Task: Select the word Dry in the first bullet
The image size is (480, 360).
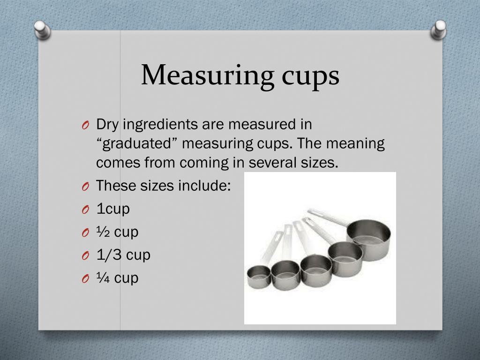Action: [106, 125]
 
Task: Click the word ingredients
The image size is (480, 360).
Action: [161, 125]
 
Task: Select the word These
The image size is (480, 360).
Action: [116, 186]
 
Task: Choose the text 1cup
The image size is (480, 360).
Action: [113, 209]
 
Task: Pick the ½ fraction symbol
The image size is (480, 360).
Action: [103, 232]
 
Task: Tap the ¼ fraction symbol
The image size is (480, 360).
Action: [103, 278]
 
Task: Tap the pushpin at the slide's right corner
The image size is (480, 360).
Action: [439, 29]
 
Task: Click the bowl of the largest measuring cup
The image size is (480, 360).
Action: [370, 239]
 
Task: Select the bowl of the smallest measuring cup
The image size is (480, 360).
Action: [259, 277]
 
